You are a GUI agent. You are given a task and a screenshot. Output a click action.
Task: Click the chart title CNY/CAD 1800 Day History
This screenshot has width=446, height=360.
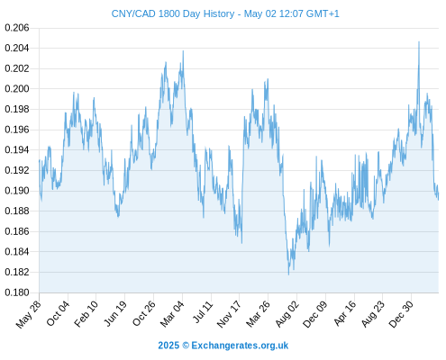pyautogui.click(x=173, y=13)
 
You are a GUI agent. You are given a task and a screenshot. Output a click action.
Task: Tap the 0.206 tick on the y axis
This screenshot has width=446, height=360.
pyautogui.click(x=17, y=28)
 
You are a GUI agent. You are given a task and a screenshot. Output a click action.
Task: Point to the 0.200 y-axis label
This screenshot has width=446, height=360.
pyautogui.click(x=17, y=89)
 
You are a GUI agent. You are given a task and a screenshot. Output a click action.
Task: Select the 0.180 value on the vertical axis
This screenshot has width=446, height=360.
pyautogui.click(x=17, y=292)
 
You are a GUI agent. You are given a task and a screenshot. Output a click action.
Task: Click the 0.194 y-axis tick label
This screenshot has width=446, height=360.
pyautogui.click(x=17, y=149)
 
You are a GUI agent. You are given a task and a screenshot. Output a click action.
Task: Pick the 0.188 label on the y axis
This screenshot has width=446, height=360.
pyautogui.click(x=17, y=211)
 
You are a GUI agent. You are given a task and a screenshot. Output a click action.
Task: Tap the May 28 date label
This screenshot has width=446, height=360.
pyautogui.click(x=29, y=314)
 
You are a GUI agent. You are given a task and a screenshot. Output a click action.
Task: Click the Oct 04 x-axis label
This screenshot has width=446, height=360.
pyautogui.click(x=58, y=313)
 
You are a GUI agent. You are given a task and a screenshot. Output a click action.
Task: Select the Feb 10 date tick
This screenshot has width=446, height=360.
pyautogui.click(x=86, y=313)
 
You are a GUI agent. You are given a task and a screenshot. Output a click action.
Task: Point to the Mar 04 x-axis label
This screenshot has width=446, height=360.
pyautogui.click(x=172, y=314)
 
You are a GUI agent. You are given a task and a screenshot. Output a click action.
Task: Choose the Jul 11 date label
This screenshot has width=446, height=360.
pyautogui.click(x=203, y=312)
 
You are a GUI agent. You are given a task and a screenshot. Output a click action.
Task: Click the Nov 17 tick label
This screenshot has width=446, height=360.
pyautogui.click(x=229, y=314)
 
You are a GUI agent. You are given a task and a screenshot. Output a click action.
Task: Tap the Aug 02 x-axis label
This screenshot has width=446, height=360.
pyautogui.click(x=287, y=314)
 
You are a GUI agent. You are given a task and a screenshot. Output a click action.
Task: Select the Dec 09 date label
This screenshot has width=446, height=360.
pyautogui.click(x=314, y=314)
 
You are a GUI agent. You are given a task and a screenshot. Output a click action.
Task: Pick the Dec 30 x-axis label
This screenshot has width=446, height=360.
pyautogui.click(x=401, y=314)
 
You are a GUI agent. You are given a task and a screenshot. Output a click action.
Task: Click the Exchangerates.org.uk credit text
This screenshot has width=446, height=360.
pyautogui.click(x=240, y=346)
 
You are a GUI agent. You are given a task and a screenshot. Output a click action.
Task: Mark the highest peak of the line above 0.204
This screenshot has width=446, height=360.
pyautogui.click(x=419, y=42)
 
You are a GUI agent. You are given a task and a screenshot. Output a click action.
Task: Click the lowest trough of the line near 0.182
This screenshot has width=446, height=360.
pyautogui.click(x=288, y=274)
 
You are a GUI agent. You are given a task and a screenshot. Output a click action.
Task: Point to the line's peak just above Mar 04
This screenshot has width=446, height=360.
pyautogui.click(x=183, y=51)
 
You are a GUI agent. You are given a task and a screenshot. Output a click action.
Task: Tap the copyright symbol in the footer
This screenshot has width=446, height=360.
pyautogui.click(x=186, y=346)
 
